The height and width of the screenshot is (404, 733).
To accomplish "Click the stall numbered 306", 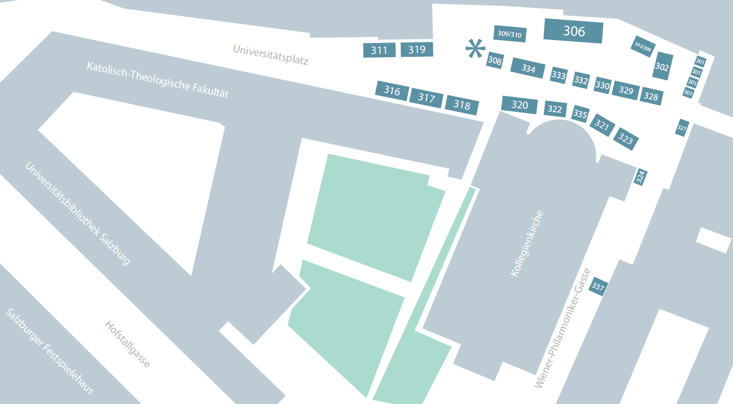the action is (x=573, y=31).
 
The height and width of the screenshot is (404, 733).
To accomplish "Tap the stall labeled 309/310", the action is (x=510, y=33).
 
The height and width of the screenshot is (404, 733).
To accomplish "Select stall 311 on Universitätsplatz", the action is (x=379, y=50).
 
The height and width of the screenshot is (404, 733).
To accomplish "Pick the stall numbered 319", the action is (x=417, y=49).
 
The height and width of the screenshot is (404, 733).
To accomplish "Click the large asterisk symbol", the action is (x=475, y=48).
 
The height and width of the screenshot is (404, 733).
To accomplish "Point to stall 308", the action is (x=495, y=60).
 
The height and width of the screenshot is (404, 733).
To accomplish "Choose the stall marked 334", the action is (x=528, y=68).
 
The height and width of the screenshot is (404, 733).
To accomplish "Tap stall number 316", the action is (x=392, y=90).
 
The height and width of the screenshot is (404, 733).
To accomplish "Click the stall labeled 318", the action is (x=462, y=105).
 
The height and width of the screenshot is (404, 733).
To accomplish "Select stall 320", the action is (x=519, y=105).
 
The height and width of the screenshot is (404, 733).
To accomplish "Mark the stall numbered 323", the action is (x=626, y=139).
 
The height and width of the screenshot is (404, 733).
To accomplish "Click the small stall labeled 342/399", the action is (x=643, y=47).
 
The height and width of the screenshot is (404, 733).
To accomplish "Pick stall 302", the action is (x=662, y=66).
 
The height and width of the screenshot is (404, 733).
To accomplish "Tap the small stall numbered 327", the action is (x=682, y=128).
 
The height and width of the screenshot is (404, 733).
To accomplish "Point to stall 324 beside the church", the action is (x=640, y=177).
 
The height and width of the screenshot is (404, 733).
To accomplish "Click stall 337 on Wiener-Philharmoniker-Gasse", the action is (x=598, y=287).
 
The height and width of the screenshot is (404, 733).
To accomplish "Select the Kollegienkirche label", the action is (x=527, y=244).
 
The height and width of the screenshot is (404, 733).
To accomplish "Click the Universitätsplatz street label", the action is (x=271, y=55).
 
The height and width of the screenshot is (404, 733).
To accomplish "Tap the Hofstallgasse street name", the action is (x=127, y=344).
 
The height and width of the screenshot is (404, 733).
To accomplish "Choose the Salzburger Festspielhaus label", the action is (x=50, y=351).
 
